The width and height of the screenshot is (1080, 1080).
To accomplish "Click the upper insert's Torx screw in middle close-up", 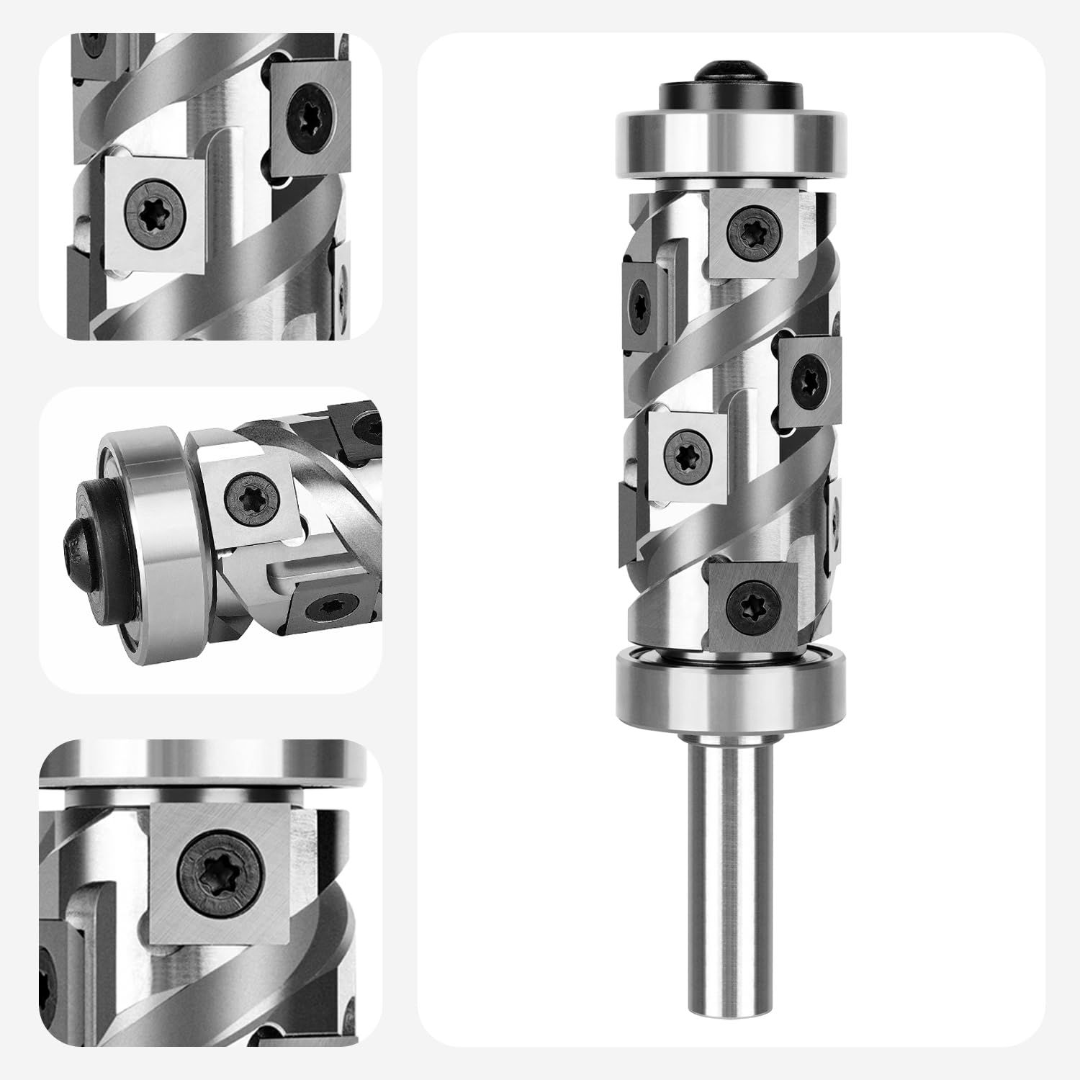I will pos(248,496).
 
